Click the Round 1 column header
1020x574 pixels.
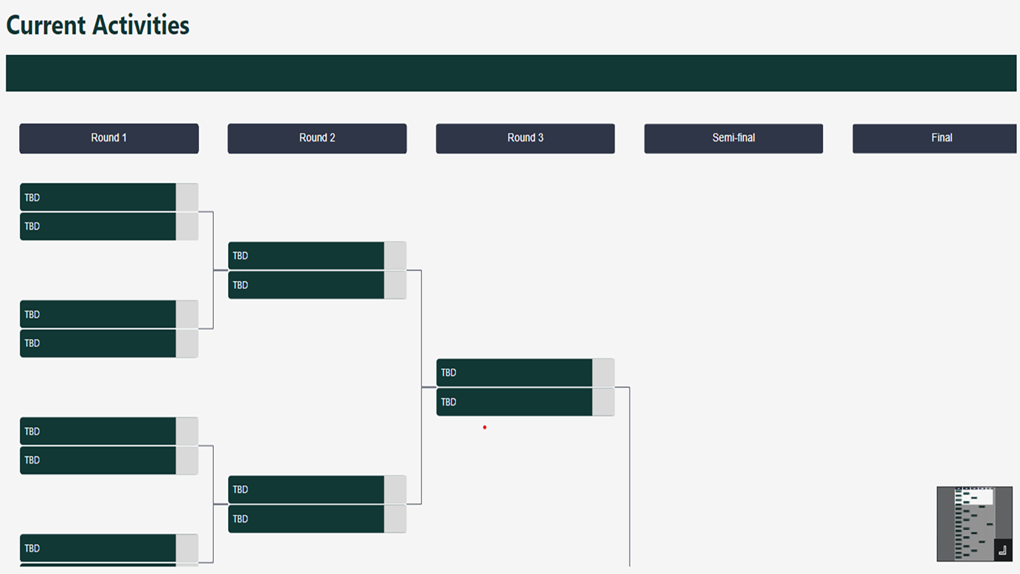pos(109,138)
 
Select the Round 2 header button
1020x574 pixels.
pos(317,138)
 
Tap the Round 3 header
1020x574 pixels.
pos(525,138)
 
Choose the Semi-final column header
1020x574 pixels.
pos(734,138)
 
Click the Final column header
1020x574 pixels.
pos(935,138)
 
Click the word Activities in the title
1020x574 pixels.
pos(141,25)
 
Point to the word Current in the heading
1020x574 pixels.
pos(46,25)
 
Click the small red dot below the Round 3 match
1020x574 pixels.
pos(484,427)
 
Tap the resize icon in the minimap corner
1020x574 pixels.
pos(1002,550)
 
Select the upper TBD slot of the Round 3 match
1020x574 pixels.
pos(514,372)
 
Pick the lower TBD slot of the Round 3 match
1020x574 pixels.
pos(514,402)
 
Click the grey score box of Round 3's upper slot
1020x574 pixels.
pos(603,372)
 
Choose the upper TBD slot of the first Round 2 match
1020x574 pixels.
pos(306,256)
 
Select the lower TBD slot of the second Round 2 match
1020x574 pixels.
pos(306,519)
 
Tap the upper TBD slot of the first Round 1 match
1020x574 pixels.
pos(98,197)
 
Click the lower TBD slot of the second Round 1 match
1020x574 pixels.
pos(98,343)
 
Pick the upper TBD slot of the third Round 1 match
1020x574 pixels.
pos(98,431)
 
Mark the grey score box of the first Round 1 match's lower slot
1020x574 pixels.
pos(187,226)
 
